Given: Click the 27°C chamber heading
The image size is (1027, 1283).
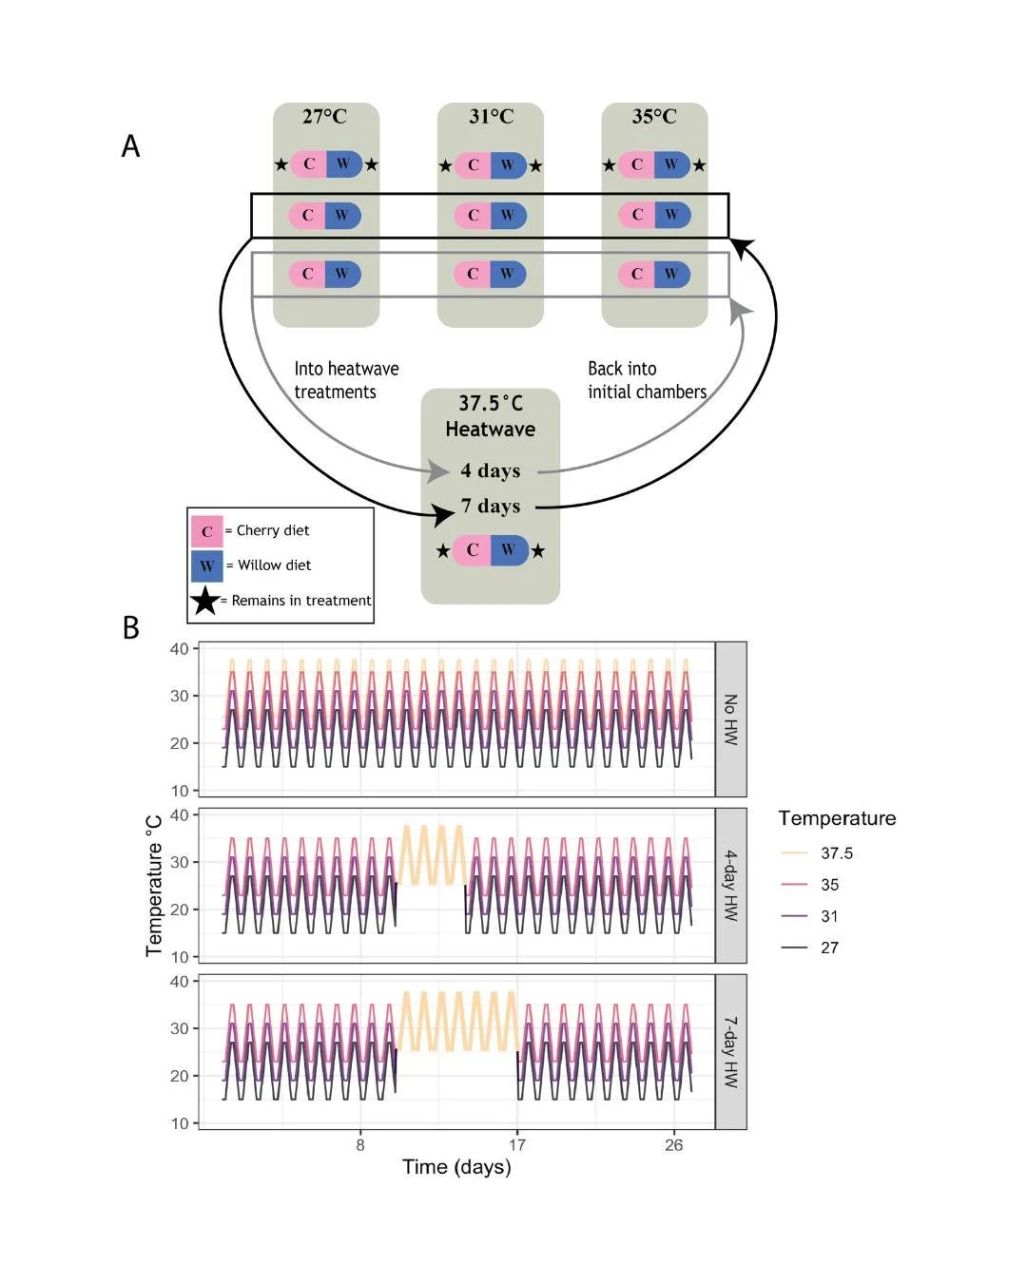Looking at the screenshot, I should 324,117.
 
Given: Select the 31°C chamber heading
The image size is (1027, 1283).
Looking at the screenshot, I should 491,117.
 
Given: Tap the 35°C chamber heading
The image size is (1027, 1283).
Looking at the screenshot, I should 654,117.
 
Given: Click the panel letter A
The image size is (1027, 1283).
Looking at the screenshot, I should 130,146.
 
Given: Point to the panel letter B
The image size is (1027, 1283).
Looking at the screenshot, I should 130,628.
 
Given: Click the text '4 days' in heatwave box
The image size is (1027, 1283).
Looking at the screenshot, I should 491,470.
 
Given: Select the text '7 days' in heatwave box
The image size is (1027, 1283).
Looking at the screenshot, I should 491,506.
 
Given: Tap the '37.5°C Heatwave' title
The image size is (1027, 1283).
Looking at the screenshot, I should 491,416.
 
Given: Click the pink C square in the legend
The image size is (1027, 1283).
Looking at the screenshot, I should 207,531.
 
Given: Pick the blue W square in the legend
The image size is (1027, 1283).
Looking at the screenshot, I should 207,565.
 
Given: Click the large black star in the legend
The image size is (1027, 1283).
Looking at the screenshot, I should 205,601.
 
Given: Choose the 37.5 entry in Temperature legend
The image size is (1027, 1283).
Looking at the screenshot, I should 837,853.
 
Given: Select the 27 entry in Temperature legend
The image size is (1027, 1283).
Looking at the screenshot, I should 829,948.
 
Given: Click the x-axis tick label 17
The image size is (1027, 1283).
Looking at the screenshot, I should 516,1145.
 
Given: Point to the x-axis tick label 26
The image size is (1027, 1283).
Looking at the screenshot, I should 673,1145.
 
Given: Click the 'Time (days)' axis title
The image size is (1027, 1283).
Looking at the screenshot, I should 456,1167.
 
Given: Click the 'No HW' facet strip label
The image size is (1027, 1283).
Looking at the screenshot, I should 730,719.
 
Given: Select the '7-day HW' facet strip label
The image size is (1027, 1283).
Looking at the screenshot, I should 730,1052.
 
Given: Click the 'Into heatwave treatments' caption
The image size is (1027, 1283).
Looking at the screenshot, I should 346,380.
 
